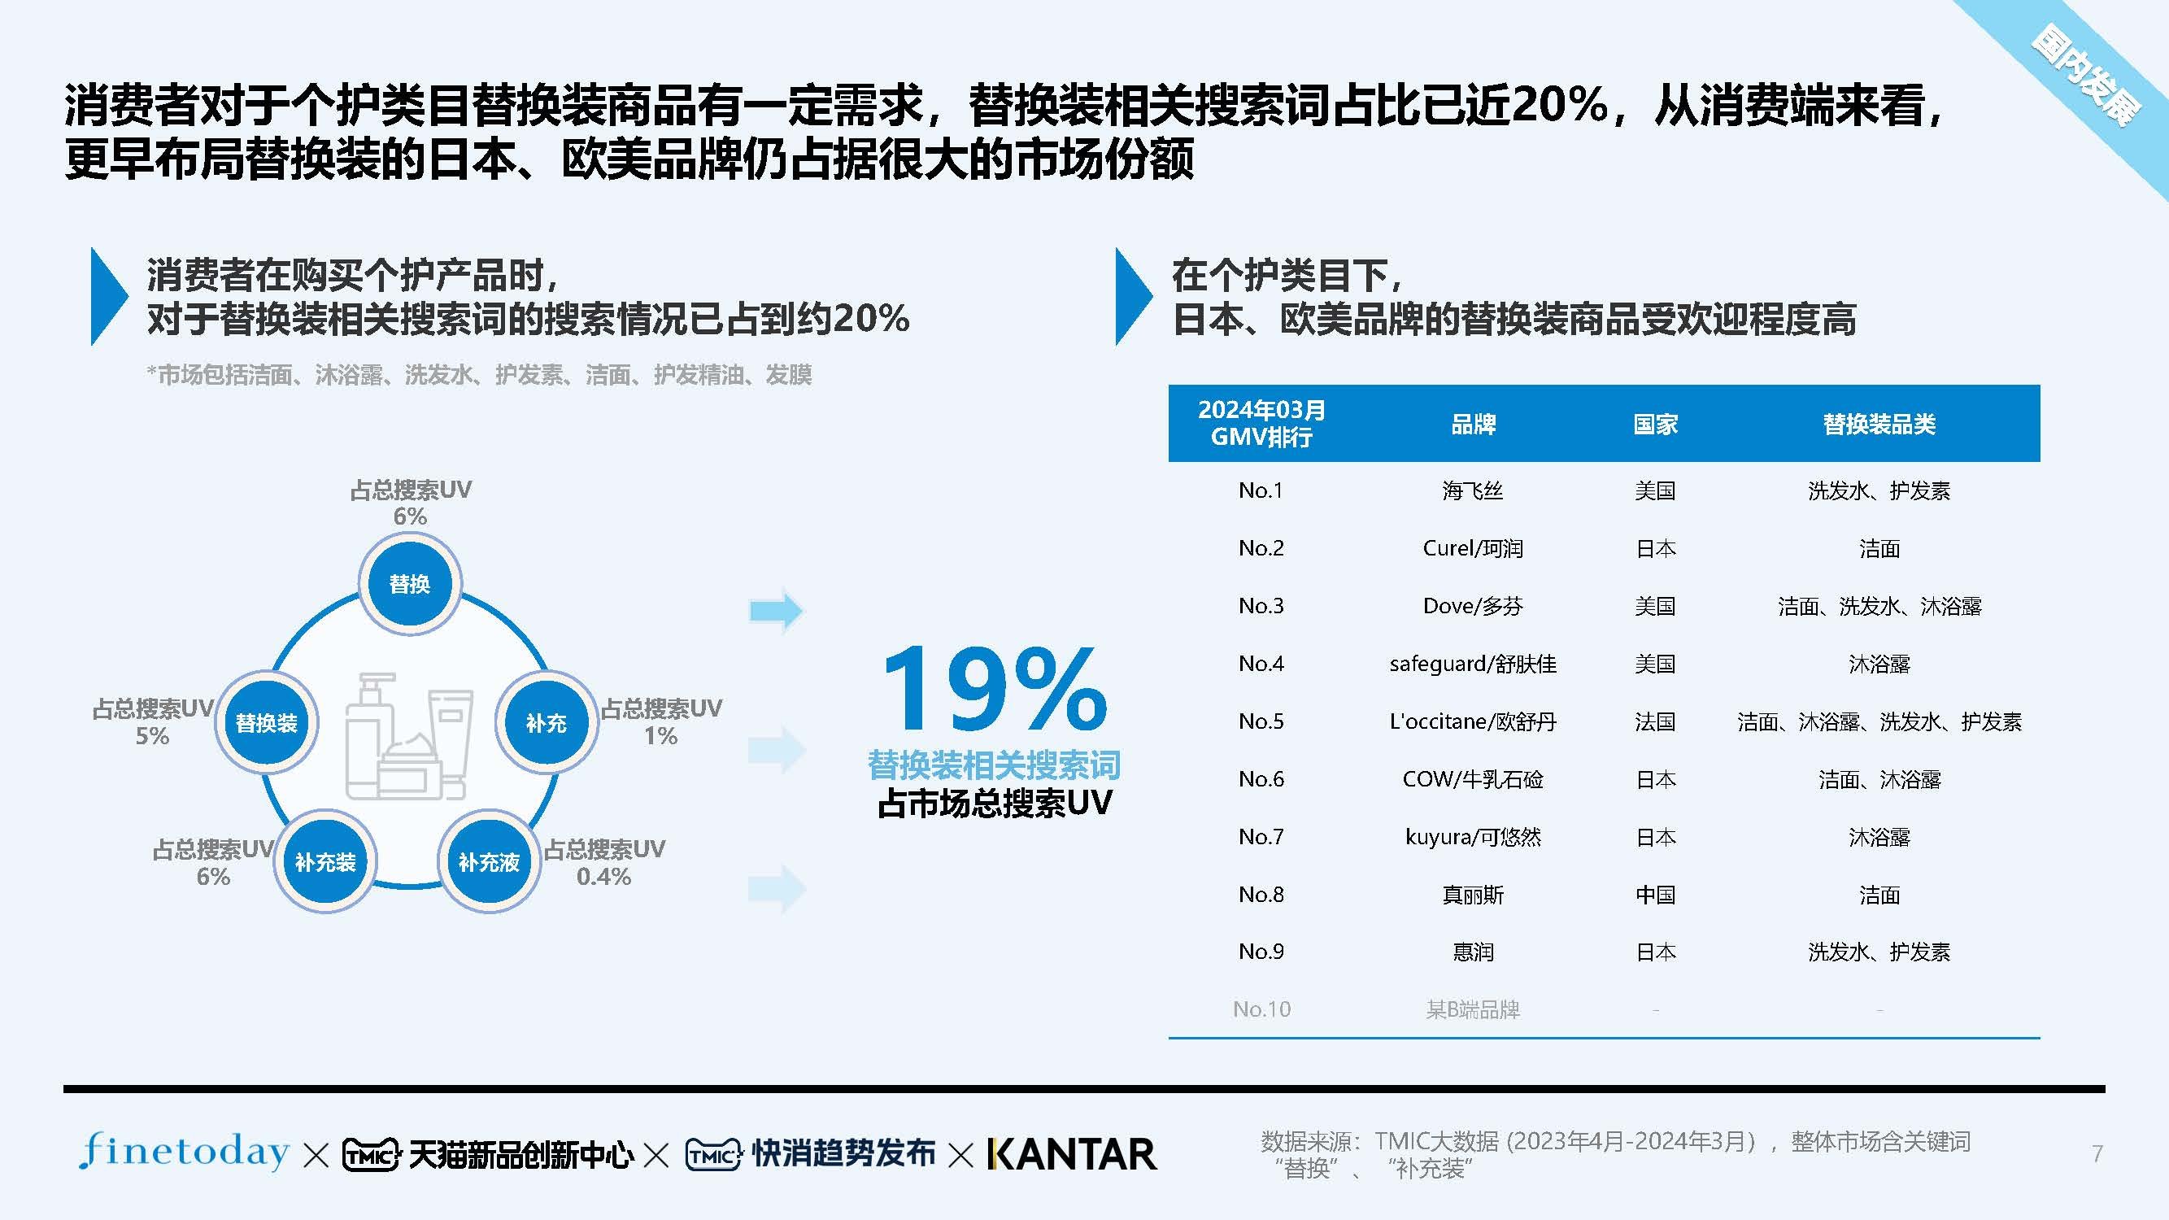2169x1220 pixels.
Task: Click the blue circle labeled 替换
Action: pyautogui.click(x=410, y=582)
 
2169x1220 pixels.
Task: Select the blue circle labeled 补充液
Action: pyautogui.click(x=488, y=861)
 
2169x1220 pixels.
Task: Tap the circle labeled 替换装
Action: pyautogui.click(x=267, y=722)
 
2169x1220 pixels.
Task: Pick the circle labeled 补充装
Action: pyautogui.click(x=325, y=861)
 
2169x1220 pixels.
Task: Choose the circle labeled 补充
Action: pyautogui.click(x=547, y=722)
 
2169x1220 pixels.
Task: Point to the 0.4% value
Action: pyautogui.click(x=603, y=877)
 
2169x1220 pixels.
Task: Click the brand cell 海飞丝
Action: pyautogui.click(x=1472, y=490)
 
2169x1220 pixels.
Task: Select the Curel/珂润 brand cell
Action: pyautogui.click(x=1473, y=548)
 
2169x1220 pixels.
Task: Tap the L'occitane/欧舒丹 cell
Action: pyautogui.click(x=1473, y=721)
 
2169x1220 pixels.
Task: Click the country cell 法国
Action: pyautogui.click(x=1654, y=721)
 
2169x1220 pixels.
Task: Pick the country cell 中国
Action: pyautogui.click(x=1654, y=894)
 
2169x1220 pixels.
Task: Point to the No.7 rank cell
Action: pyautogui.click(x=1261, y=837)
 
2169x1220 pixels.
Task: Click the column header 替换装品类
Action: pyautogui.click(x=1879, y=425)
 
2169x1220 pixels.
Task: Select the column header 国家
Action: pyautogui.click(x=1655, y=425)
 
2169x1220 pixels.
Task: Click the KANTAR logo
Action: pyautogui.click(x=1072, y=1154)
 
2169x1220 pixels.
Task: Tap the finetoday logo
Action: pyautogui.click(x=185, y=1151)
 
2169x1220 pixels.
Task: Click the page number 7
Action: pyautogui.click(x=2097, y=1153)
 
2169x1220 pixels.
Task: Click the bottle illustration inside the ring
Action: pyautogui.click(x=407, y=736)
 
